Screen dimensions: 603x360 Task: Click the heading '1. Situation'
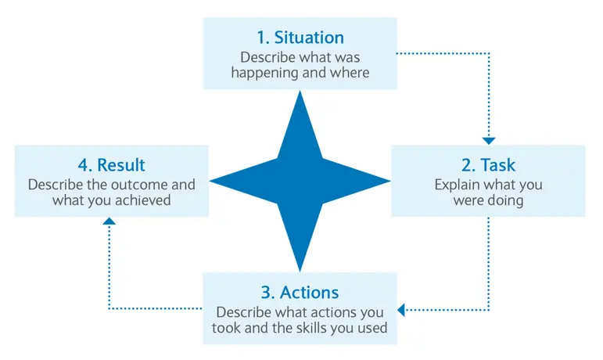[300, 38]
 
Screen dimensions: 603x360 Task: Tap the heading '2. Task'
[488, 165]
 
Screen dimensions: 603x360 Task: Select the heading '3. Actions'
[300, 293]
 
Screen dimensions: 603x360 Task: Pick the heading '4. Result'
[112, 165]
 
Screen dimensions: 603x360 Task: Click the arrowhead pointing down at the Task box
[489, 141]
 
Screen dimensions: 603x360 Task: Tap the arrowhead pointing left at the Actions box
[401, 310]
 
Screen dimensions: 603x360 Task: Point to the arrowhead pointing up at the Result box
[109, 221]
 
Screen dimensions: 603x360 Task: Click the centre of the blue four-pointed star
[300, 181]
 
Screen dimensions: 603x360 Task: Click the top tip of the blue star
[300, 91]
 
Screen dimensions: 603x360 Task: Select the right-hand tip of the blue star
[390, 181]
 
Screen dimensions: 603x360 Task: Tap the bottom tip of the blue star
[300, 271]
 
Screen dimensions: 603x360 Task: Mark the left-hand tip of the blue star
[210, 181]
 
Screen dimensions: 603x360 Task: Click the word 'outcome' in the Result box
[142, 185]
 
